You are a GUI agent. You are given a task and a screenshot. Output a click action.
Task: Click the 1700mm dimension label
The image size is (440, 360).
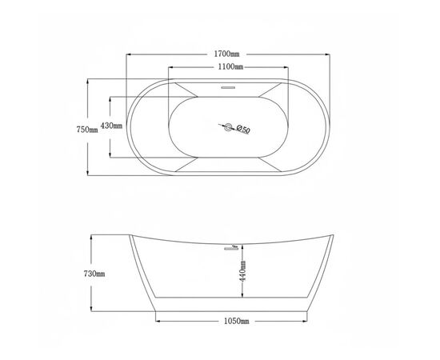tap(226, 54)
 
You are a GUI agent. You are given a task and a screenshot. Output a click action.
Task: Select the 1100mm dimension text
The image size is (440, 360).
tap(230, 66)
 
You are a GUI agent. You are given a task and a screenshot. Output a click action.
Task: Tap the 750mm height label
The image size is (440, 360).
tap(87, 130)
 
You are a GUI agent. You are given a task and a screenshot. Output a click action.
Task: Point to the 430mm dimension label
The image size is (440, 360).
tap(111, 126)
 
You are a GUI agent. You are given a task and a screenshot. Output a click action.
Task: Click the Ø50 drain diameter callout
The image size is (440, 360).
tap(243, 129)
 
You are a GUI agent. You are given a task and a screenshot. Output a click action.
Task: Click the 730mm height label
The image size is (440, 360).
tap(94, 274)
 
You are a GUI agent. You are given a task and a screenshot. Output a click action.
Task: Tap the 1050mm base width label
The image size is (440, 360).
tap(236, 321)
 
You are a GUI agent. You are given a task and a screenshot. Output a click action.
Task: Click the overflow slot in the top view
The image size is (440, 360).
tap(228, 87)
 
